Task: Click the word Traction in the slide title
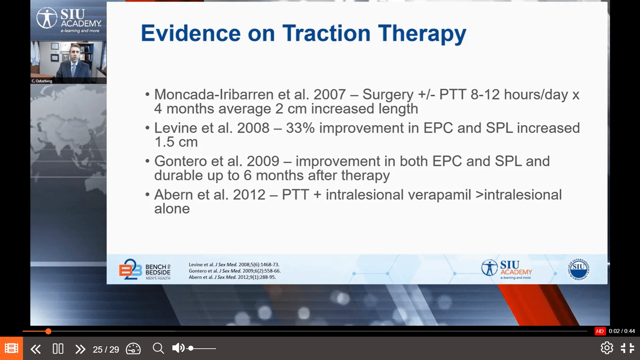(326, 33)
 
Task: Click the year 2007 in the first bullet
(329, 94)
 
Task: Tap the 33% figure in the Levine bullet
(300, 128)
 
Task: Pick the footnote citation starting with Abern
(232, 277)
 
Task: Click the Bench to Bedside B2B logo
(145, 269)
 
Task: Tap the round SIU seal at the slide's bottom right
(579, 269)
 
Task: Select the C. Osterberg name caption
(42, 81)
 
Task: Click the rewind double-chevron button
(35, 349)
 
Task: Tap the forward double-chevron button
(80, 349)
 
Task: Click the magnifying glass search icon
(158, 348)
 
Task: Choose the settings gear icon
(607, 348)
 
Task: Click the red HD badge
(600, 331)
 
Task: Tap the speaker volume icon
(178, 348)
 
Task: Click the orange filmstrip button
(11, 348)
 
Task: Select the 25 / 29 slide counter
(106, 349)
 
